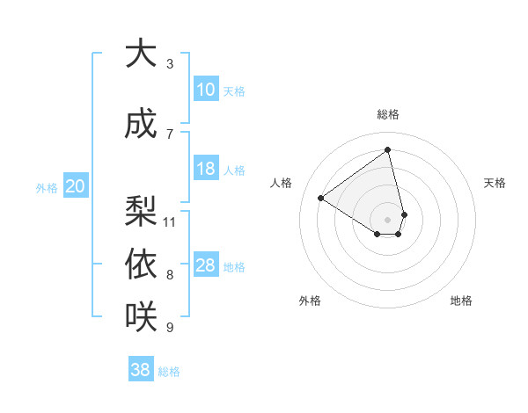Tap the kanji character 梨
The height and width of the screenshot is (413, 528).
point(141,210)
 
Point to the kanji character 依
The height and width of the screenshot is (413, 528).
point(141,264)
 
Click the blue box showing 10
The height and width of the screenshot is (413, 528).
point(206,90)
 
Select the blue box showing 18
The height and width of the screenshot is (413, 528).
point(206,169)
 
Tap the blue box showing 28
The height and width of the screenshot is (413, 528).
point(206,265)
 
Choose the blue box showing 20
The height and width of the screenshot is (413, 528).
point(76,186)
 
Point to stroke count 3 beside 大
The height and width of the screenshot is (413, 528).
point(170,64)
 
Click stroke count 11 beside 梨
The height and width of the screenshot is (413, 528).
point(170,221)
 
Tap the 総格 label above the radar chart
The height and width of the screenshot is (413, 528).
point(388,114)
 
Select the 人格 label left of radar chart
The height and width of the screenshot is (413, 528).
point(282,183)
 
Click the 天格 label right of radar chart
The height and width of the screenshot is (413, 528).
point(495,183)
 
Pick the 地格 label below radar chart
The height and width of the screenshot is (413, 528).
point(461,301)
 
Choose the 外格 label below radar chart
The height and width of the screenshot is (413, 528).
point(310,301)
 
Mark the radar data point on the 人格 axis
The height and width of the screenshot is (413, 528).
point(321,198)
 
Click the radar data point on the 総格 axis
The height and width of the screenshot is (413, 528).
point(388,149)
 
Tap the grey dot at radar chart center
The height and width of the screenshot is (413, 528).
point(388,218)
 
